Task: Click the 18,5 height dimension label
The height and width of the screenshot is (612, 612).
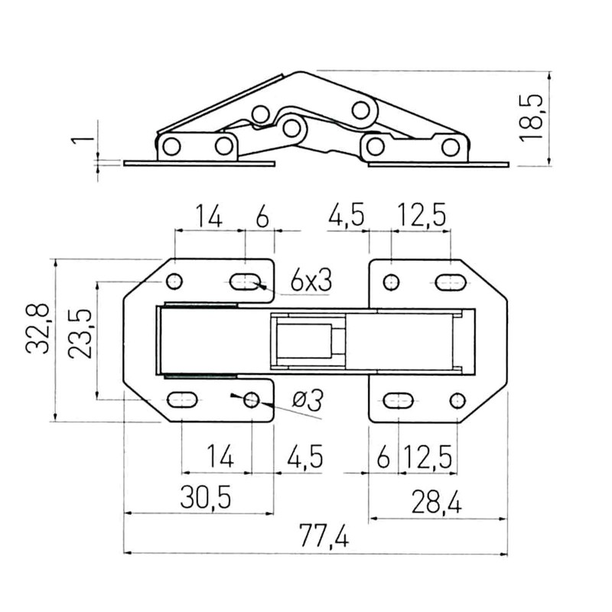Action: click(534, 116)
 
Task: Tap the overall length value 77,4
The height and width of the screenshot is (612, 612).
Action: click(319, 539)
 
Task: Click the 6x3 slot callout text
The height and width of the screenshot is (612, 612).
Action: click(311, 281)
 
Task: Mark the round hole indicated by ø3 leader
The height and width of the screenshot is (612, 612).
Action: click(251, 400)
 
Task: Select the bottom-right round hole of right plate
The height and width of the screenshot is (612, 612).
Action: click(457, 399)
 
